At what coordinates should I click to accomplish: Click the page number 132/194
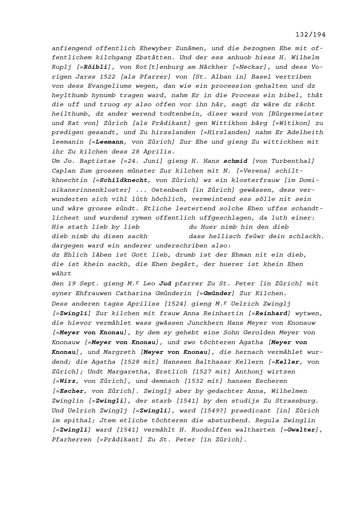click(x=310, y=35)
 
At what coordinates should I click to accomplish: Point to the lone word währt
click(x=62, y=274)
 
